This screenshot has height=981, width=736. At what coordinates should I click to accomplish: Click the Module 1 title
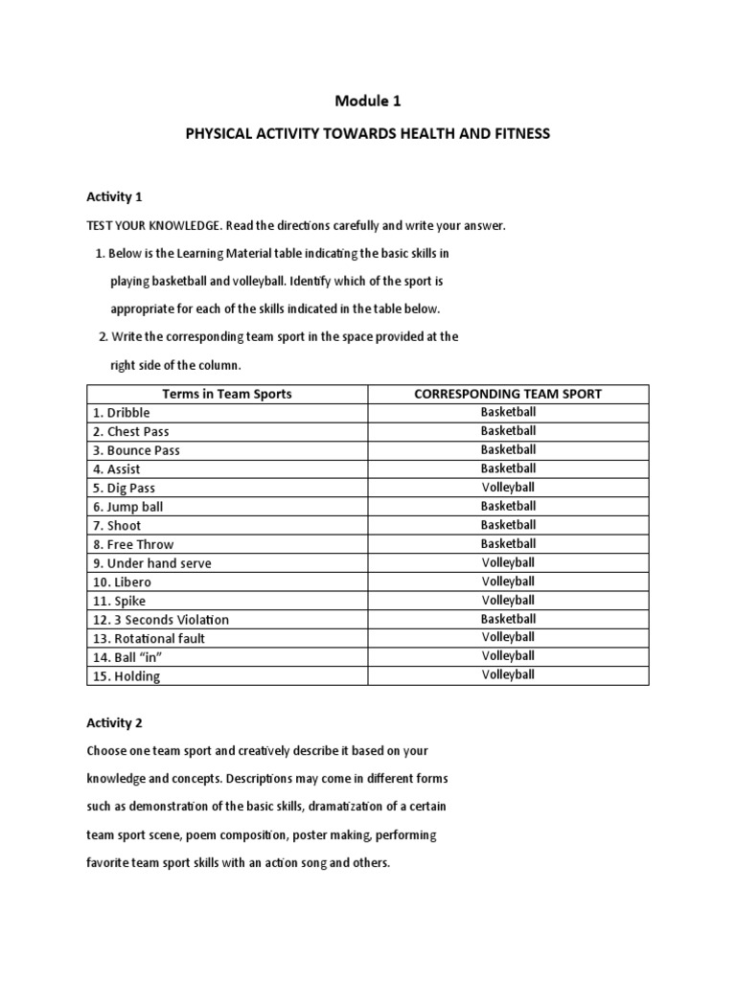(x=367, y=101)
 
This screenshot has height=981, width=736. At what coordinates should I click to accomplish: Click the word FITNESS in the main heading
(x=518, y=134)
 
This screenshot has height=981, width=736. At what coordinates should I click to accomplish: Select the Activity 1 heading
(x=114, y=196)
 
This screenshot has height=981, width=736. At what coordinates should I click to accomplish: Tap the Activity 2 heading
(x=114, y=722)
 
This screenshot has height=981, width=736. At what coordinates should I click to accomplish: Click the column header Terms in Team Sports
(x=227, y=394)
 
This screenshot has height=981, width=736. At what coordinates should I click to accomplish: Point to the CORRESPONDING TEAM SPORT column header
(x=507, y=394)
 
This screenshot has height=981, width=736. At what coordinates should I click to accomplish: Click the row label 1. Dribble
(x=122, y=413)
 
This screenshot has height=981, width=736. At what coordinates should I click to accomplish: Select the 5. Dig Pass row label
(x=125, y=488)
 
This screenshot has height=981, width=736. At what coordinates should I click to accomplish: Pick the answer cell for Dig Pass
(x=507, y=487)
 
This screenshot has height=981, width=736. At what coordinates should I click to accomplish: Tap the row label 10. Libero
(x=122, y=582)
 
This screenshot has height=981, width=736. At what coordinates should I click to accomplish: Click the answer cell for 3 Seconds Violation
(x=507, y=619)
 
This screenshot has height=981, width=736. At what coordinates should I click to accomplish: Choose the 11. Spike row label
(x=120, y=601)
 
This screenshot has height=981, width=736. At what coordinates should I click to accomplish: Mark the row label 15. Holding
(x=126, y=675)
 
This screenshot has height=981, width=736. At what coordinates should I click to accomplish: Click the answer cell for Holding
(x=507, y=674)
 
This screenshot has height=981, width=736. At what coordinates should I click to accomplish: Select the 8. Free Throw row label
(x=133, y=544)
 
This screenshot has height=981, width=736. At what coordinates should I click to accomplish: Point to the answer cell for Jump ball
(x=507, y=506)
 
